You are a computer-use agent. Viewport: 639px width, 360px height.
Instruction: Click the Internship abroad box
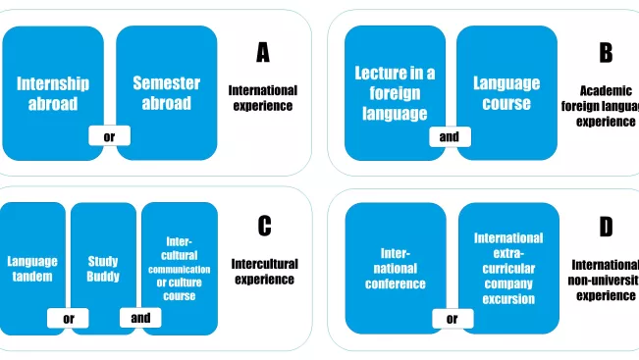52,92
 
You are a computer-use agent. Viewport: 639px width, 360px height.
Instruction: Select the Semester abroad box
166,92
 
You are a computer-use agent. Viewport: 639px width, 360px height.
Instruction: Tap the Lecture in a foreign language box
395,92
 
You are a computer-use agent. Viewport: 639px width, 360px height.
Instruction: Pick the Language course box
506,92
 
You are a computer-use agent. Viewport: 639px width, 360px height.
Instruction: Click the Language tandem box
32,268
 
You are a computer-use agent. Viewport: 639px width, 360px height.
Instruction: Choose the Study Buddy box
103,268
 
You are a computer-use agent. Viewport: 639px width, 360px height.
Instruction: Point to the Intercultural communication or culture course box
179,268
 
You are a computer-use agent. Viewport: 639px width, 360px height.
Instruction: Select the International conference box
395,268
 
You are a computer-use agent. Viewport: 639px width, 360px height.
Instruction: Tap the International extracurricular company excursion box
507,268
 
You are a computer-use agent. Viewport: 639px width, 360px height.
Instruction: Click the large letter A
262,53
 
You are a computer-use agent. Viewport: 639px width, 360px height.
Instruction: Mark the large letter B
606,53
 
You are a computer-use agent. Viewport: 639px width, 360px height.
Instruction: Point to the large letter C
264,227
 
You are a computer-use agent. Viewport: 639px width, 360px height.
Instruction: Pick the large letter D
606,228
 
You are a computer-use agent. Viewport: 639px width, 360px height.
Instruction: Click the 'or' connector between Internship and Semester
109,136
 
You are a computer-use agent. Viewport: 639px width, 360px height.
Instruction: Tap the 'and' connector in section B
449,136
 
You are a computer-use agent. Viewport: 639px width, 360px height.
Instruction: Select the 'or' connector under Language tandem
69,318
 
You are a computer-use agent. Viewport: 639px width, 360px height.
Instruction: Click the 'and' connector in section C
140,318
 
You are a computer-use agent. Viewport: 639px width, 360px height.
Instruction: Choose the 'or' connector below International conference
452,318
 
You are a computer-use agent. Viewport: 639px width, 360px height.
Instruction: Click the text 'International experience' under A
262,97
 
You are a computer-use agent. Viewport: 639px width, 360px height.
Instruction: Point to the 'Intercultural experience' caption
264,271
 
